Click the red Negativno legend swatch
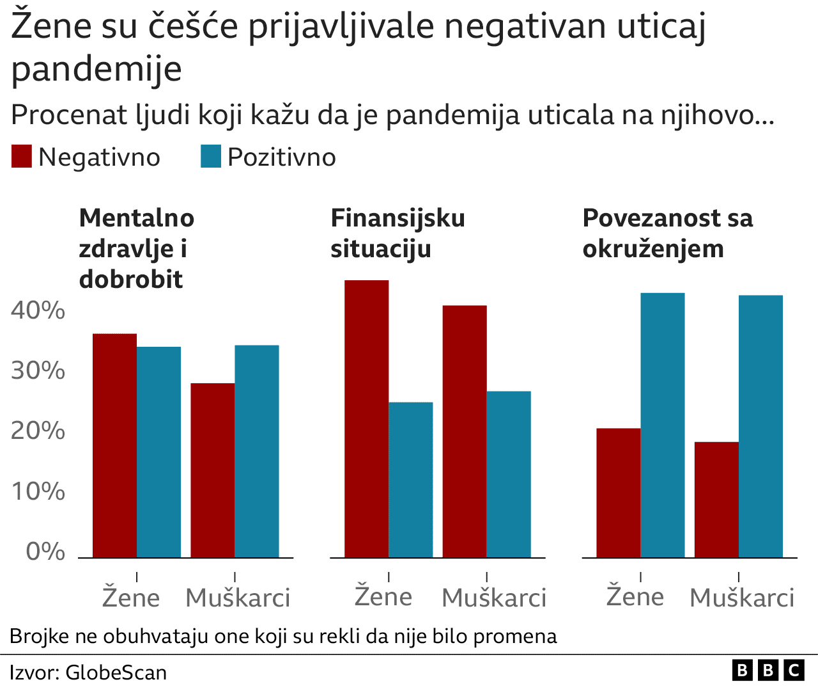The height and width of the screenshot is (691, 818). point(22,157)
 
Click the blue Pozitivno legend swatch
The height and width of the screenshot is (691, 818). point(211,157)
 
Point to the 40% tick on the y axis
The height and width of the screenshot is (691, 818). point(38,310)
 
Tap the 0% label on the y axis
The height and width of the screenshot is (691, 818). point(45,552)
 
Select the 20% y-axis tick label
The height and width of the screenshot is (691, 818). point(38,431)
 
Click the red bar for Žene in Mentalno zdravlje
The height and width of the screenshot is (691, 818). point(115,445)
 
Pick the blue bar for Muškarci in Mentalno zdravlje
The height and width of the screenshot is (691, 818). point(257,451)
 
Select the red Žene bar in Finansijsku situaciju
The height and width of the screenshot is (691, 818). point(367,419)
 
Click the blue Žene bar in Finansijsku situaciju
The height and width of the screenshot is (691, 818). point(411,480)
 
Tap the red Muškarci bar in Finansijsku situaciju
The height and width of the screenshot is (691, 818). point(465,431)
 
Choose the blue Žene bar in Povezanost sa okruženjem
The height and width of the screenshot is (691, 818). point(663,425)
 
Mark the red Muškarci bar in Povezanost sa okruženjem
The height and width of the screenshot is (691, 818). point(716,500)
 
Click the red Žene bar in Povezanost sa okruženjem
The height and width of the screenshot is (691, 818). point(619,493)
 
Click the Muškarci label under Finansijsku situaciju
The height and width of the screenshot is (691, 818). point(494,598)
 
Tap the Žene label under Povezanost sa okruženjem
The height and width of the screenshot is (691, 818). point(635,596)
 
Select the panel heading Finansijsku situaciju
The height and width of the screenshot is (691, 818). point(397,234)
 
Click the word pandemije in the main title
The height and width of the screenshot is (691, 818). point(96,68)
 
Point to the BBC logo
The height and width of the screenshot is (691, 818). point(768,670)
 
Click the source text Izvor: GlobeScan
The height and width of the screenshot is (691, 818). point(88,672)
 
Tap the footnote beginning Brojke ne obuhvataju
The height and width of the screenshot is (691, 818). point(283,637)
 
